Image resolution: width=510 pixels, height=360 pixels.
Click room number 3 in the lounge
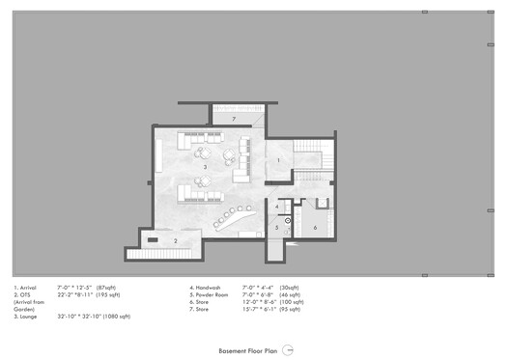(x=204, y=168)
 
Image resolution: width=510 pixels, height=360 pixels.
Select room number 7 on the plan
(x=233, y=118)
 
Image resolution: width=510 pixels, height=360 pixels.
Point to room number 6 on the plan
(x=315, y=227)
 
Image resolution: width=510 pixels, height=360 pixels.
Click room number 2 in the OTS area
(x=175, y=240)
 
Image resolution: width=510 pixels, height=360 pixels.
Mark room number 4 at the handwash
(x=276, y=206)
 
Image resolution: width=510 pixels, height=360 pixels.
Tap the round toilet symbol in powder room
(x=287, y=221)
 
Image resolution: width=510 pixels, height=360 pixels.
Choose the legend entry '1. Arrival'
(x=29, y=287)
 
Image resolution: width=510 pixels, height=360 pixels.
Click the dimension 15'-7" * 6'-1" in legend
(x=273, y=310)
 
